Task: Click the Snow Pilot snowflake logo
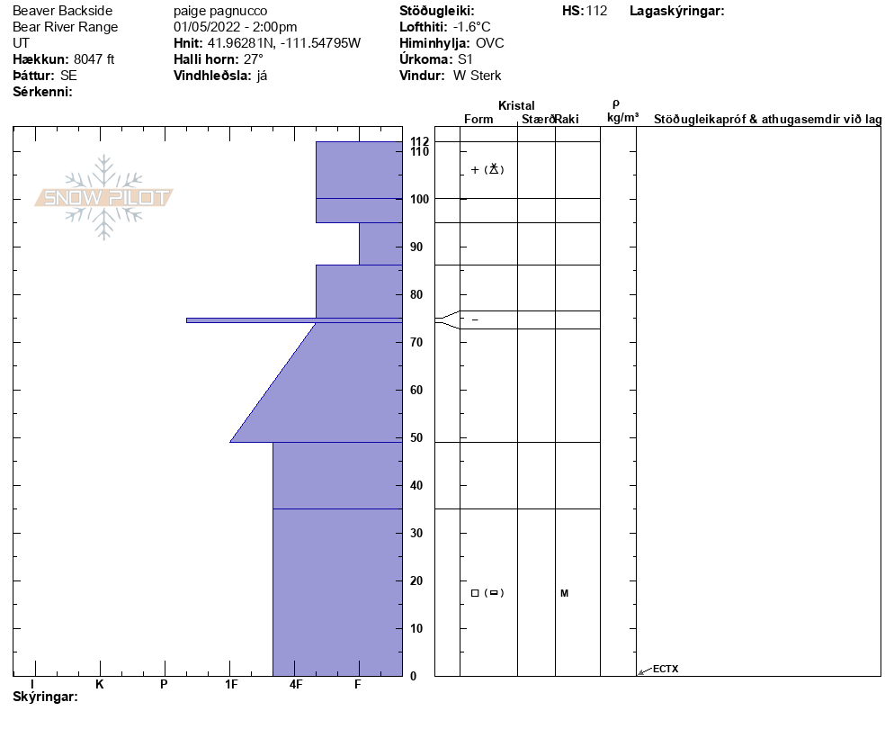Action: tap(103, 197)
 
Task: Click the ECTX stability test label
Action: tap(666, 669)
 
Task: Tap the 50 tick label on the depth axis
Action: tap(416, 437)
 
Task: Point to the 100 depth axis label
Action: tap(420, 199)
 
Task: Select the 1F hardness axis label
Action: tap(231, 684)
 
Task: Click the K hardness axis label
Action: tap(99, 684)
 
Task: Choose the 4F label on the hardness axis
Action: tap(295, 684)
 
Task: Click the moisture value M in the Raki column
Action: tap(565, 593)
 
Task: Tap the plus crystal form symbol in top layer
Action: tap(475, 170)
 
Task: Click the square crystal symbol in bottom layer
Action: tap(475, 593)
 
